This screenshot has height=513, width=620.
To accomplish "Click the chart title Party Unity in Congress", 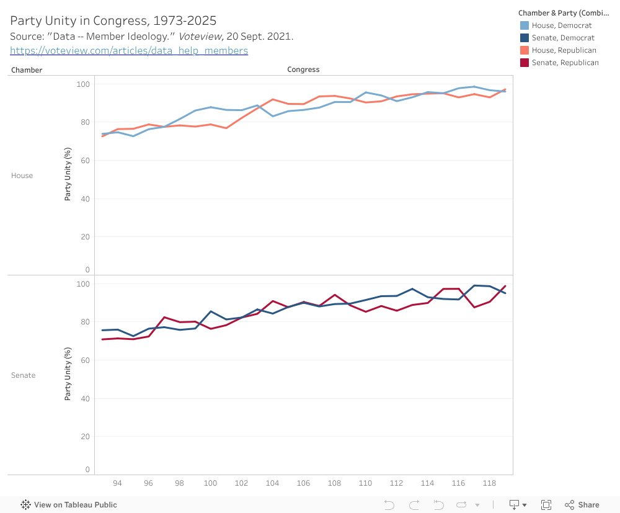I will click(113, 21).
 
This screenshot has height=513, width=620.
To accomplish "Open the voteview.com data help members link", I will click(129, 51).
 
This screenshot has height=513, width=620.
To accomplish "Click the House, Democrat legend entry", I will click(561, 25).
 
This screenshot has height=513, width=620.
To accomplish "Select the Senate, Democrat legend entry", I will click(562, 38).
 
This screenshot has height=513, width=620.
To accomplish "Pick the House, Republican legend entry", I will click(564, 50).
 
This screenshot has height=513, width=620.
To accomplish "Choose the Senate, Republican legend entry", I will click(565, 63).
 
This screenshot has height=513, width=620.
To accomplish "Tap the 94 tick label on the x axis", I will click(117, 483).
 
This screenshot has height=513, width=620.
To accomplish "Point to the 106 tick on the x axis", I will click(303, 483).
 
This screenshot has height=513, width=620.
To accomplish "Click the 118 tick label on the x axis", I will click(489, 483).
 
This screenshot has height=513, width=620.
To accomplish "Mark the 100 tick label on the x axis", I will click(210, 483).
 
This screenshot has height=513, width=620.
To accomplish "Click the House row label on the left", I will click(22, 176).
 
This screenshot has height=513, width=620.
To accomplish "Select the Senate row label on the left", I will click(23, 375).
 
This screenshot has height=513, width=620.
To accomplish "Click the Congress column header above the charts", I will click(303, 69).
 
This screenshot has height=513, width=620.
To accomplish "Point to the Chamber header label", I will click(27, 70).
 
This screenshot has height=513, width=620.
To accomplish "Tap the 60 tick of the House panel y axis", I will click(85, 161).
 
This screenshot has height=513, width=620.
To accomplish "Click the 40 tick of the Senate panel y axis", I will click(85, 398).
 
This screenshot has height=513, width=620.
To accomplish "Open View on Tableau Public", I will click(69, 505).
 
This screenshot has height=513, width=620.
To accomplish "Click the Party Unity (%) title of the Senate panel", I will click(68, 374).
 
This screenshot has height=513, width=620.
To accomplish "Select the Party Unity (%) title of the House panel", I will click(68, 174).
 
